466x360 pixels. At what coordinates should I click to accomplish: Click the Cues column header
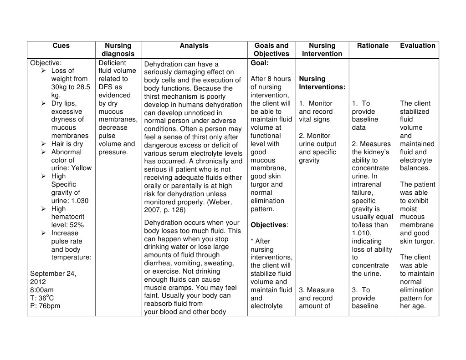pyautogui.click(x=61, y=46)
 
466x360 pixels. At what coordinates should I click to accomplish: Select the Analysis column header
pyautogui.click(x=194, y=46)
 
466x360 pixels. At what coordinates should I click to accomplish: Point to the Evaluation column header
pyautogui.click(x=418, y=46)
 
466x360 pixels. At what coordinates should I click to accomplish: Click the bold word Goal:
pyautogui.click(x=260, y=63)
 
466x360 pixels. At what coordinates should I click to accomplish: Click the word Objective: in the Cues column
pyautogui.click(x=46, y=63)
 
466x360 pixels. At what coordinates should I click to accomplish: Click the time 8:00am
pyautogui.click(x=42, y=290)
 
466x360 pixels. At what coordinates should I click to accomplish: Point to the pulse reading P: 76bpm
pyautogui.click(x=45, y=306)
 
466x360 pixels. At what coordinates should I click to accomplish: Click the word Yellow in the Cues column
pyautogui.click(x=82, y=168)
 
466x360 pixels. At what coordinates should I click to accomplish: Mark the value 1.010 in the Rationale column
pyautogui.click(x=362, y=233)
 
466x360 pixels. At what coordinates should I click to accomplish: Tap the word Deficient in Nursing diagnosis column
pyautogui.click(x=112, y=63)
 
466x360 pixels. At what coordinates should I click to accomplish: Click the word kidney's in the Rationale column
pyautogui.click(x=377, y=152)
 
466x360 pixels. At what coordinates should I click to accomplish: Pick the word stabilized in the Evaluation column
pyautogui.click(x=415, y=112)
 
